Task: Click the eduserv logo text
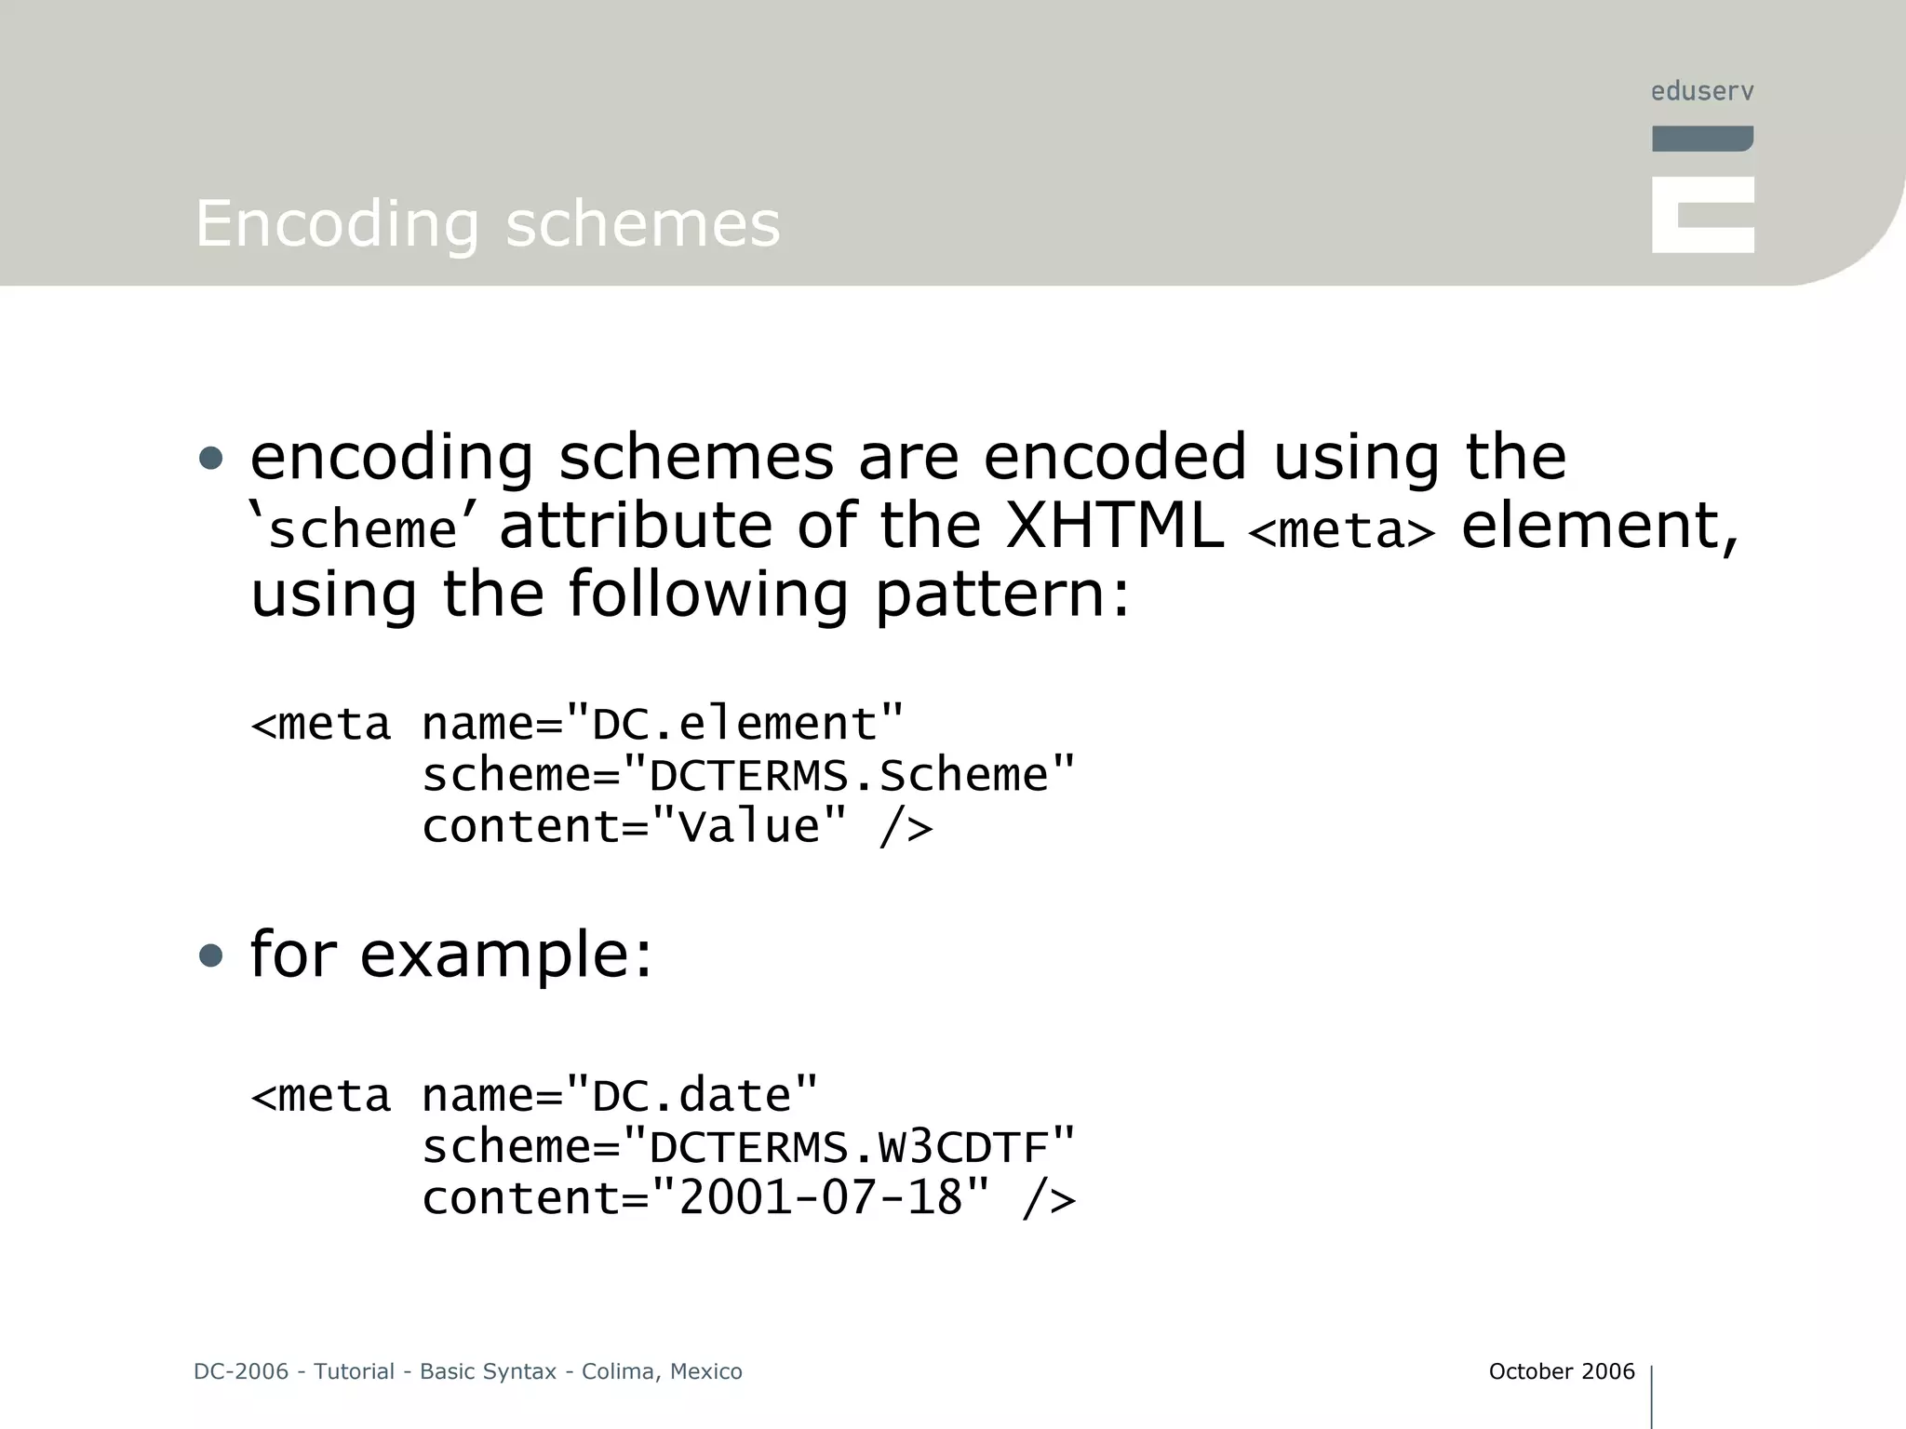tap(1702, 91)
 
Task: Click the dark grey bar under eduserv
tap(1702, 139)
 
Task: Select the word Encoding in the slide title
tap(337, 224)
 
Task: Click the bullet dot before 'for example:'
tap(211, 955)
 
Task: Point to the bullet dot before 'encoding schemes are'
tap(211, 458)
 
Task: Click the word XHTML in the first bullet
tap(1114, 526)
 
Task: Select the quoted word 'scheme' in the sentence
tap(362, 530)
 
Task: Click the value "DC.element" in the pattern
tap(734, 724)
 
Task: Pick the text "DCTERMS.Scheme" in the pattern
tap(850, 775)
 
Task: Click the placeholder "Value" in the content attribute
tap(749, 826)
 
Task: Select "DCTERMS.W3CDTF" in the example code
tap(850, 1146)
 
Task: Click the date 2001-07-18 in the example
tap(820, 1197)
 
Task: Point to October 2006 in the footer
tap(1561, 1371)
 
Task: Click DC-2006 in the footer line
tap(241, 1371)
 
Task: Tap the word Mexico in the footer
tap(706, 1371)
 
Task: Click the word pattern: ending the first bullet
tap(1002, 596)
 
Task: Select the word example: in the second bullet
tap(506, 955)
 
